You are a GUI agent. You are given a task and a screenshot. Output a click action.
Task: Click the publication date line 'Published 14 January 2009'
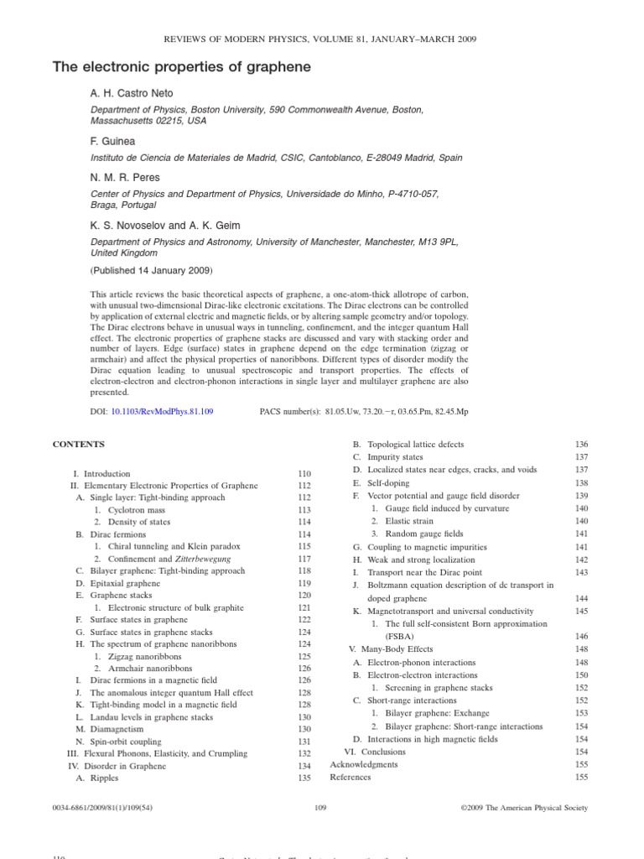151,271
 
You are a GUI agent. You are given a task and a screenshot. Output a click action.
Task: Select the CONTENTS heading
79,443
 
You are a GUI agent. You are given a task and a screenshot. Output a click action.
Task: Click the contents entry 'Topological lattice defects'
415,444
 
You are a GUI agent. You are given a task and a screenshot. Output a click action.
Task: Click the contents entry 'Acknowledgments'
364,764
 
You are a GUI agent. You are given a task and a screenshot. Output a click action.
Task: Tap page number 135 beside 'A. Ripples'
304,778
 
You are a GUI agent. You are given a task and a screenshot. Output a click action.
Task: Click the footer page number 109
319,808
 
